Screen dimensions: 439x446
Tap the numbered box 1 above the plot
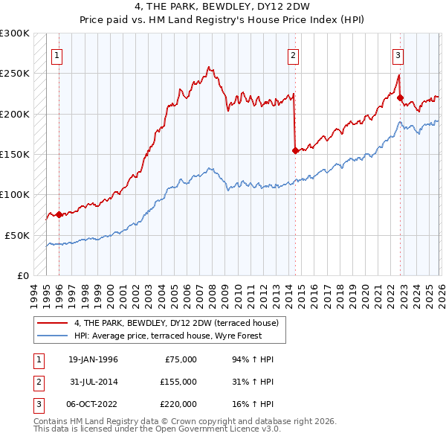click(57, 54)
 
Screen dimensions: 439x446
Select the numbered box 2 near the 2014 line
click(294, 54)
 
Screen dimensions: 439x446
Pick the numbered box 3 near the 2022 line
click(398, 54)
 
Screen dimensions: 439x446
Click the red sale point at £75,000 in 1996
click(59, 214)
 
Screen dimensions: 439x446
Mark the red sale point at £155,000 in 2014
click(296, 150)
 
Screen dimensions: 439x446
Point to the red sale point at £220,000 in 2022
click(400, 97)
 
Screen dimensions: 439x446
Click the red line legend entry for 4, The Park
click(176, 323)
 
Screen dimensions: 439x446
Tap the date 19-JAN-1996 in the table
click(93, 359)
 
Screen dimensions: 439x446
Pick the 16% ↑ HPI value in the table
click(253, 404)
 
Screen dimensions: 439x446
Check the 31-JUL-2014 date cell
click(93, 382)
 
